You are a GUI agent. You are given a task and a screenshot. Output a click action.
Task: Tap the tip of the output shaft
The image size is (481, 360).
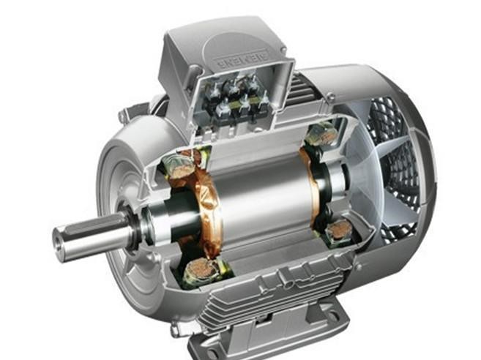pos(59,239)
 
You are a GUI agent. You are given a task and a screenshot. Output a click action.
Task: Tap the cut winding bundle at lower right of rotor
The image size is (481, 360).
pos(338,233)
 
